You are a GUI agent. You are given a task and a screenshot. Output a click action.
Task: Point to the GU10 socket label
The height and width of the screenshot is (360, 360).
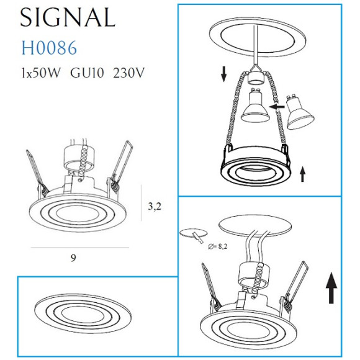[88, 73]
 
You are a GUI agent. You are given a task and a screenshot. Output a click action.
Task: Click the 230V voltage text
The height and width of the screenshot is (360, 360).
[129, 73]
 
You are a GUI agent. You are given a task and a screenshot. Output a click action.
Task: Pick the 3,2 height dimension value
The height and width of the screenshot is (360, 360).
[155, 207]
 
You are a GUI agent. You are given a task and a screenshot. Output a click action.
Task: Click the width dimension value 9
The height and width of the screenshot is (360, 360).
[73, 256]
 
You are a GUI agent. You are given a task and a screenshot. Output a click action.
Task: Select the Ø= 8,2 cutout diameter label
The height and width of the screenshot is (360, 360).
[219, 247]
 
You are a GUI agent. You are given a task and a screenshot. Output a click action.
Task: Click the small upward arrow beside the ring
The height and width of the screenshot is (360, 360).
[303, 173]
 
